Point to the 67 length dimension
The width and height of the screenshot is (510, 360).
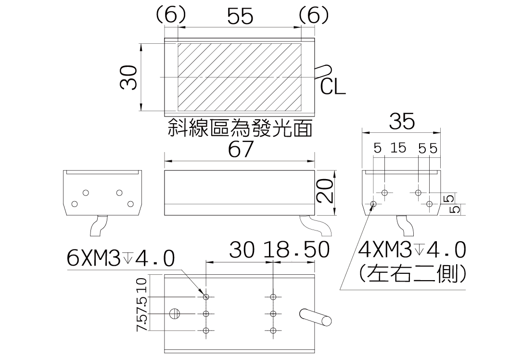(x=240, y=150)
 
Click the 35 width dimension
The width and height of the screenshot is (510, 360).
(x=402, y=122)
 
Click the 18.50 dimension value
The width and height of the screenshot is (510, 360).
(x=296, y=250)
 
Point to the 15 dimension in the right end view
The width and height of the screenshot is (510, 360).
(x=398, y=148)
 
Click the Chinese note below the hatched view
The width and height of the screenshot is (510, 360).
(x=240, y=129)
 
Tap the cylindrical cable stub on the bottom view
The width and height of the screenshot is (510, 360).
(x=316, y=316)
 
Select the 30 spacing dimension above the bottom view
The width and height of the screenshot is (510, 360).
(x=242, y=250)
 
